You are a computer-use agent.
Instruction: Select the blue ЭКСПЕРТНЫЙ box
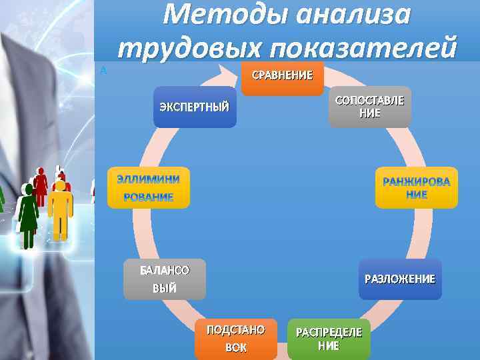pyautogui.click(x=195, y=107)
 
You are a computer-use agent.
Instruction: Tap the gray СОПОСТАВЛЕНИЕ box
pyautogui.click(x=369, y=107)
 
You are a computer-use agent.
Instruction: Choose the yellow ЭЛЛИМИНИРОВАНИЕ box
pyautogui.click(x=149, y=187)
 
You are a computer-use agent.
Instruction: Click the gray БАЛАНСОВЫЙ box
pyautogui.click(x=164, y=279)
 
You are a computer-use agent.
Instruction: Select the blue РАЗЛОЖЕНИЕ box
pyautogui.click(x=399, y=279)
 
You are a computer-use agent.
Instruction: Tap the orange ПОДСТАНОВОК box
pyautogui.click(x=235, y=339)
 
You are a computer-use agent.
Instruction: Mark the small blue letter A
pyautogui.click(x=103, y=70)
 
